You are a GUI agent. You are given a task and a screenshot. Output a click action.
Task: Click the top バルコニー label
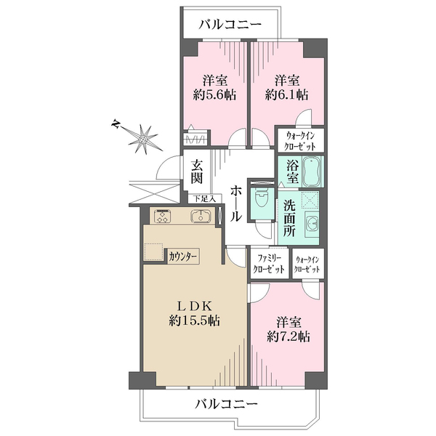[230, 25]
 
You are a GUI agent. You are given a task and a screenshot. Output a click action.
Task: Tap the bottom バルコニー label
[226, 403]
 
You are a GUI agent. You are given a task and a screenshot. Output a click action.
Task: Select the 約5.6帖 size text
[214, 95]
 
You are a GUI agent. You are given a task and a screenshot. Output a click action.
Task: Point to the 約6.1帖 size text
[287, 95]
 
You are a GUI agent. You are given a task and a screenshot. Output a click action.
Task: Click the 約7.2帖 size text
[288, 336]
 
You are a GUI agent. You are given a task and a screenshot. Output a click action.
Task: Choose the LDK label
[195, 307]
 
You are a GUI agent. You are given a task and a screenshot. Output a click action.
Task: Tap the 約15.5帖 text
[195, 320]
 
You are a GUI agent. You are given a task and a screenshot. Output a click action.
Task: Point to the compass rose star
[143, 139]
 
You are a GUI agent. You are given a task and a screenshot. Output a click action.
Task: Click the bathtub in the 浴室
[312, 171]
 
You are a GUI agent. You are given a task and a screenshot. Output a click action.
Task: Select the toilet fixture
[262, 197]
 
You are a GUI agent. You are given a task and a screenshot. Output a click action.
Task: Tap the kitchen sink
[201, 216]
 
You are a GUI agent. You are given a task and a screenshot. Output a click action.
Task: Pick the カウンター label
[183, 256]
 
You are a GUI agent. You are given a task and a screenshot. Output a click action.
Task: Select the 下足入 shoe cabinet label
[205, 198]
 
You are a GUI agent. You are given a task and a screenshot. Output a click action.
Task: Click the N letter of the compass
[115, 124]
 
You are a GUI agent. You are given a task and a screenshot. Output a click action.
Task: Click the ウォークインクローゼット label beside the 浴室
[301, 141]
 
